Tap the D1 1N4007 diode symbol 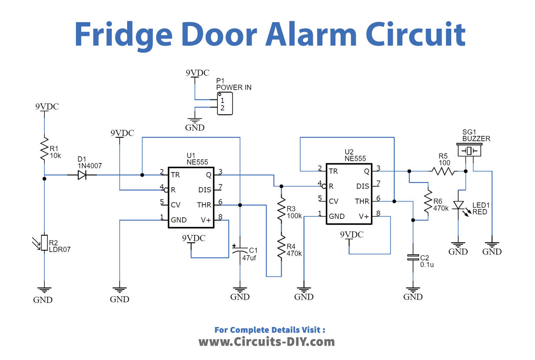(82, 175)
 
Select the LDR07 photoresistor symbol (44, 243)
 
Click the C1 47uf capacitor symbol (240, 252)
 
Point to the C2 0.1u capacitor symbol (413, 257)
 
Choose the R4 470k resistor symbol (281, 248)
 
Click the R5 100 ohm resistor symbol (443, 171)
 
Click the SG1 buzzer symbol (469, 151)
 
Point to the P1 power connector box (225, 103)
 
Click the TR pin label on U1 (175, 175)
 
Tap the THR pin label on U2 (361, 201)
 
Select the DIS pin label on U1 (204, 189)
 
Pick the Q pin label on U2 (367, 171)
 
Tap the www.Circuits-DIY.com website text (266, 342)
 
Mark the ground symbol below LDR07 (44, 290)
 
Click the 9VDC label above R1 (47, 106)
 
